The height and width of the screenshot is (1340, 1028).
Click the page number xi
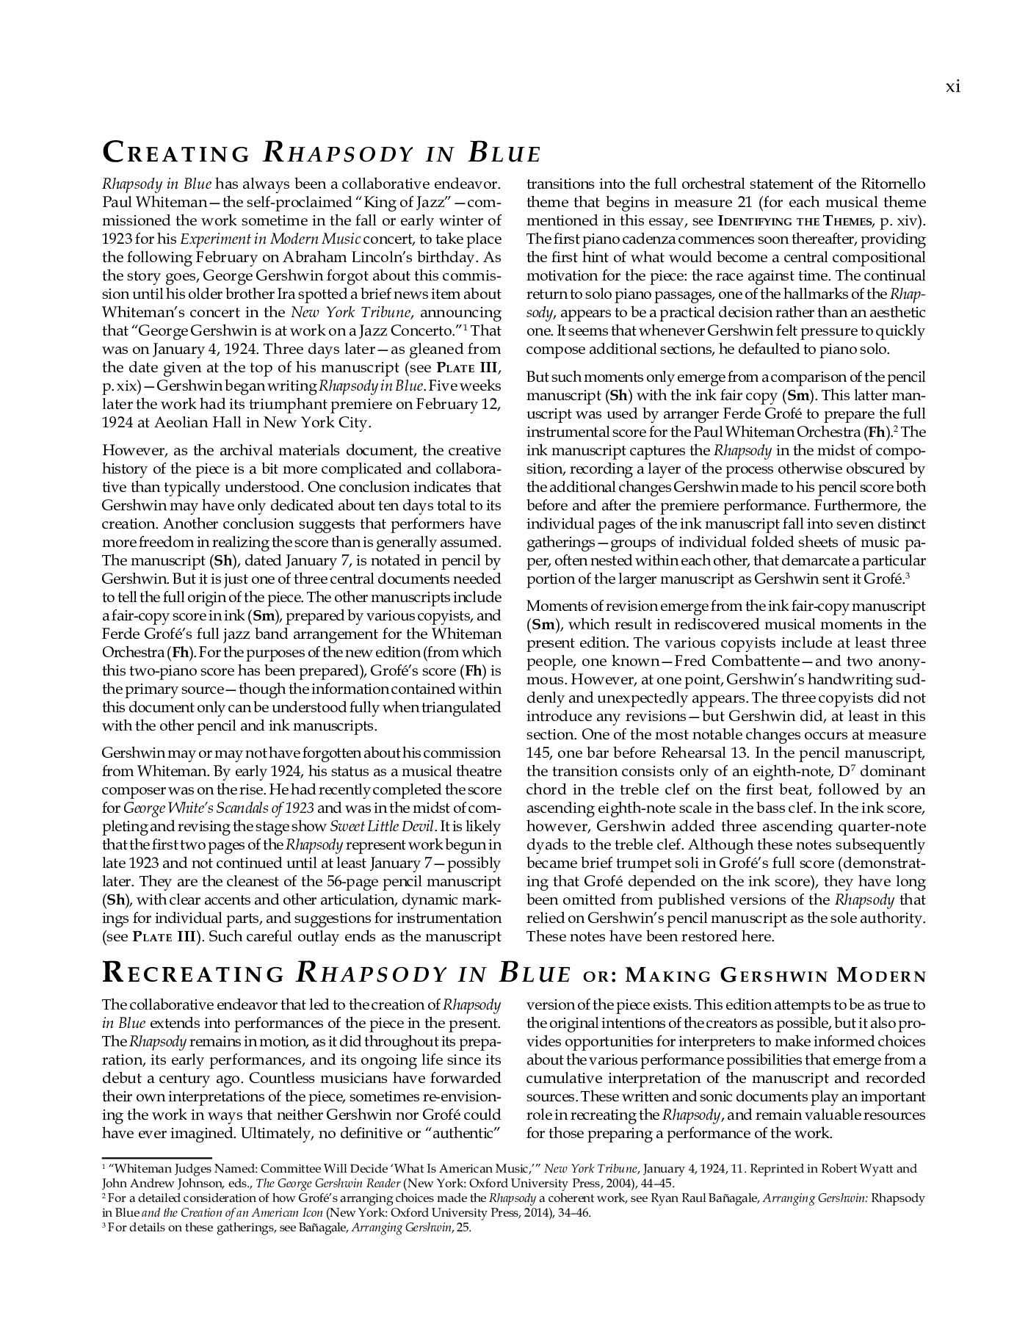952,87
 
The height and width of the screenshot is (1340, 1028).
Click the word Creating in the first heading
175,153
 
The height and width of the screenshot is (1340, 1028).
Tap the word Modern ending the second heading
882,976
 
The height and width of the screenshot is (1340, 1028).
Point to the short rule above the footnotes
156,1158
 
